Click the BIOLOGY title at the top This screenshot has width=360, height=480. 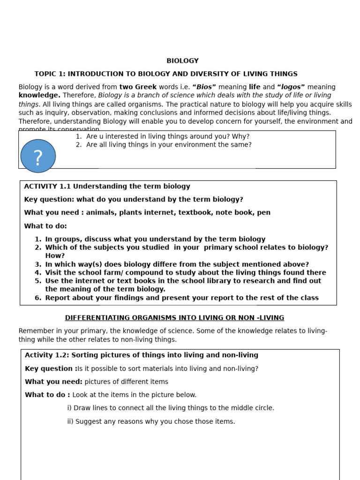tap(182, 61)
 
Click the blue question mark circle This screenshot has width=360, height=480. tap(38, 156)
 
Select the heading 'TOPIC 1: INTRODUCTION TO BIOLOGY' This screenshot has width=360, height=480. tap(165, 74)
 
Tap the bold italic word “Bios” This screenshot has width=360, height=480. tap(204, 87)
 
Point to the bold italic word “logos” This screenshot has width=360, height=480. tap(291, 87)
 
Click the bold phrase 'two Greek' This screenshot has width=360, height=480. tap(138, 87)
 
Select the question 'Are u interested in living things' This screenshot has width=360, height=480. tap(167, 136)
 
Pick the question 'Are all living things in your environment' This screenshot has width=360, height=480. tap(169, 145)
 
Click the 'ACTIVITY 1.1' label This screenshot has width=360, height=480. tap(47, 187)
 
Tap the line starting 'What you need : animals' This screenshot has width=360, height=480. tap(147, 213)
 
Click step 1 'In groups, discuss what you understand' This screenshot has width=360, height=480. tap(155, 239)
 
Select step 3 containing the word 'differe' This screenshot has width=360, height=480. tap(177, 264)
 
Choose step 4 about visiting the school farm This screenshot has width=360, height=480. tap(185, 273)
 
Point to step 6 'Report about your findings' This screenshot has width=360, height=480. tap(181, 298)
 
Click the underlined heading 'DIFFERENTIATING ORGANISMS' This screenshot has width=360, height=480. tap(174, 318)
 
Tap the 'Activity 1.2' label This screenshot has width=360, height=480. tap(46, 355)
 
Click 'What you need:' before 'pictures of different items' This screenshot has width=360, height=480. tap(53, 382)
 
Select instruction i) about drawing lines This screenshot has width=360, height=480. tap(171, 408)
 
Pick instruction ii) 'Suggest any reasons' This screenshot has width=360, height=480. tap(151, 421)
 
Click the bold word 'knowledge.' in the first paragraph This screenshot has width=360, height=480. tap(39, 95)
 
